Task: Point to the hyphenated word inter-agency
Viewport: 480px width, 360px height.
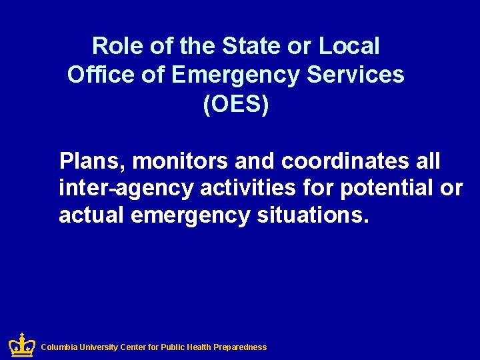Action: [126, 189]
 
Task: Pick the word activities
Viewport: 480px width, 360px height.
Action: [247, 189]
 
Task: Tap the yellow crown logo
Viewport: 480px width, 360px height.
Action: [21, 345]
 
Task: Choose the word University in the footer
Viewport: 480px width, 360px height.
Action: [99, 347]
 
